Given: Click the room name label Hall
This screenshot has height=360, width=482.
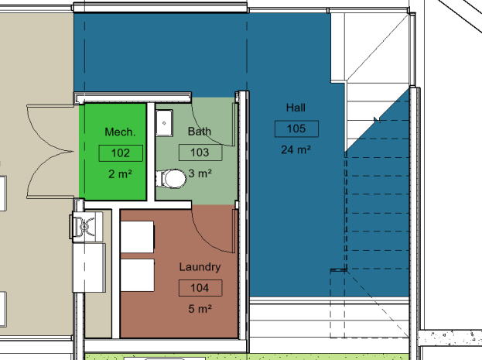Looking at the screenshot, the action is (296, 108).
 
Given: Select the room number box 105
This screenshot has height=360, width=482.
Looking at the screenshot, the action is (296, 129).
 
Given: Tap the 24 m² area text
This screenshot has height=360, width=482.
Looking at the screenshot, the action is (296, 149).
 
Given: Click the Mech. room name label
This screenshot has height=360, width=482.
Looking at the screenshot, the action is (120, 132).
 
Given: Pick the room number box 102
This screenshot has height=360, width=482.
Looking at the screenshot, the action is (121, 153).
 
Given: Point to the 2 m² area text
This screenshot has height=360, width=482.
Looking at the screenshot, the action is (120, 174).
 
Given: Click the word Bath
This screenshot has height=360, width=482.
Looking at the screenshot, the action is (200, 132).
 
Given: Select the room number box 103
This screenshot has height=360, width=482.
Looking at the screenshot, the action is (200, 153).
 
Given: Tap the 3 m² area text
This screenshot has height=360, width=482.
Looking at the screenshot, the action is (200, 173).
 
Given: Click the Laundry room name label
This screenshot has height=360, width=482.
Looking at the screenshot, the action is (200, 267).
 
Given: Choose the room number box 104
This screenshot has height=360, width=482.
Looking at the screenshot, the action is (200, 288).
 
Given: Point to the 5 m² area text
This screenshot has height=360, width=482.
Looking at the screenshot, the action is (200, 309).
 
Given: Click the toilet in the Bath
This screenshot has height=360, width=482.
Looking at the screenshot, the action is (171, 179).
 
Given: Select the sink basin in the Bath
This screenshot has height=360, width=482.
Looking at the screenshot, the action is (164, 123).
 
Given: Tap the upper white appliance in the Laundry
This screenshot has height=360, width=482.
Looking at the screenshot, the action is (137, 237).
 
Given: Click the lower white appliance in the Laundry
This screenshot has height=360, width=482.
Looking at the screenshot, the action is (137, 275).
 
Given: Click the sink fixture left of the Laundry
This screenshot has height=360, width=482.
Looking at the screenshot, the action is (84, 227).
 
